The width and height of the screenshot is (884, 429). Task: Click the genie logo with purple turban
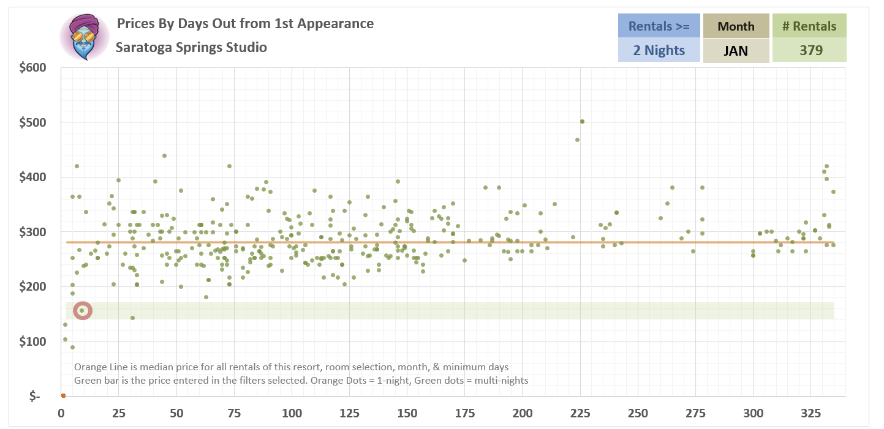coord(84,37)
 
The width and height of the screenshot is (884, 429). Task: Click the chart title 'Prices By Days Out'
coord(245,24)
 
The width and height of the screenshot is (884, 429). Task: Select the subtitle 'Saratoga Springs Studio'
coord(191,47)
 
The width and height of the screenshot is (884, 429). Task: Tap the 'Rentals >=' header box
coord(659,26)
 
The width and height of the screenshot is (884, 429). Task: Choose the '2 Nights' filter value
coord(659,50)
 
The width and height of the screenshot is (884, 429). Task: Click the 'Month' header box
coord(736,26)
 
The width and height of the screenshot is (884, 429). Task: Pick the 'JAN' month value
coord(736,50)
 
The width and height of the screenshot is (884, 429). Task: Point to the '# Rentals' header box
coord(809,26)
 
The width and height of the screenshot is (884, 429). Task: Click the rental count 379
coord(809,50)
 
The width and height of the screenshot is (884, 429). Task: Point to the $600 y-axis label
coord(32,67)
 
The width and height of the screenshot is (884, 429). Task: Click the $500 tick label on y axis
coord(32,122)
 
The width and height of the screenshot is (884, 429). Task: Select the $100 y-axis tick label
coord(32,341)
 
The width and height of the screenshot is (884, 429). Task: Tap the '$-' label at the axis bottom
coord(35,397)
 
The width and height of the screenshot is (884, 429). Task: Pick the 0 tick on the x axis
coord(61,412)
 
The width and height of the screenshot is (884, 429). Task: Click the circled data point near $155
coord(82,311)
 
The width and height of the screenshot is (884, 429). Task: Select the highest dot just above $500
coord(582,121)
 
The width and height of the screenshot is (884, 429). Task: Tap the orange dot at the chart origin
coord(62,395)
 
